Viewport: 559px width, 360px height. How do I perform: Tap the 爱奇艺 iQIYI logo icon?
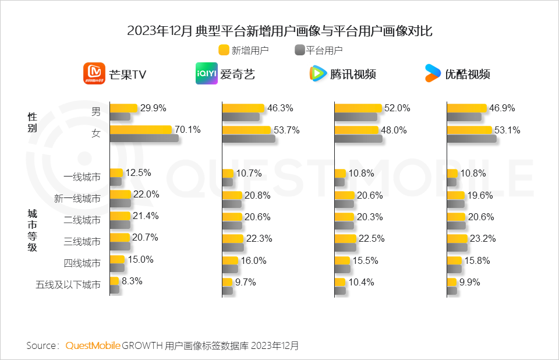click(206, 73)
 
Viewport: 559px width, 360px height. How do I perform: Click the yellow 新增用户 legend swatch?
click(224, 50)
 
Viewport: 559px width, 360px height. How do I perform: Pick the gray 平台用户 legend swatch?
click(300, 50)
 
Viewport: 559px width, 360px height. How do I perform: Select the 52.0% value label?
click(397, 108)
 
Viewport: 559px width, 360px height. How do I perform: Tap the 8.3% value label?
click(132, 281)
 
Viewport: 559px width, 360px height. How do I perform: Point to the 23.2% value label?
click(481, 238)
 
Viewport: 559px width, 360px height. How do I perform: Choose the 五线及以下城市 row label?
click(68, 285)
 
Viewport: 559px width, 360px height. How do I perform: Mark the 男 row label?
click(96, 112)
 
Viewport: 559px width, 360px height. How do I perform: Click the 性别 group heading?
click(33, 122)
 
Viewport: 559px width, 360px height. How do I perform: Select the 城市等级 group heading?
click(33, 231)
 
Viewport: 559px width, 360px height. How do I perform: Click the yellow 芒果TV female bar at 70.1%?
click(141, 130)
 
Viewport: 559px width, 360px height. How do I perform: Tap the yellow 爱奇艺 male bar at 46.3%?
click(243, 108)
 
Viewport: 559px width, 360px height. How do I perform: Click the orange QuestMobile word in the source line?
click(93, 345)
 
